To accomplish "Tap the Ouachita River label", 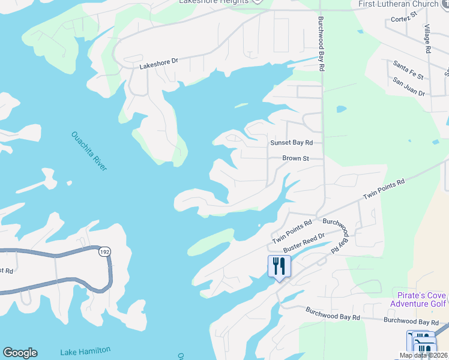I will [89, 151].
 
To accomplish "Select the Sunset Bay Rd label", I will [292, 143].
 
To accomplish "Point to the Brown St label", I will [295, 159].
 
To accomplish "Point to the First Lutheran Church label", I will [398, 4].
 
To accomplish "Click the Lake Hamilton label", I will [85, 351].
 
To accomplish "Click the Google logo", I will [20, 353].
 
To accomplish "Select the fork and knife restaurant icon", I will [279, 266].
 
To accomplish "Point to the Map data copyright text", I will [423, 355].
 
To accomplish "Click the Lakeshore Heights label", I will [214, 2].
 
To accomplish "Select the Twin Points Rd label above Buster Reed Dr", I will [292, 232].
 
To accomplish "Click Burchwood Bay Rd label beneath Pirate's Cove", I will [411, 322].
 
